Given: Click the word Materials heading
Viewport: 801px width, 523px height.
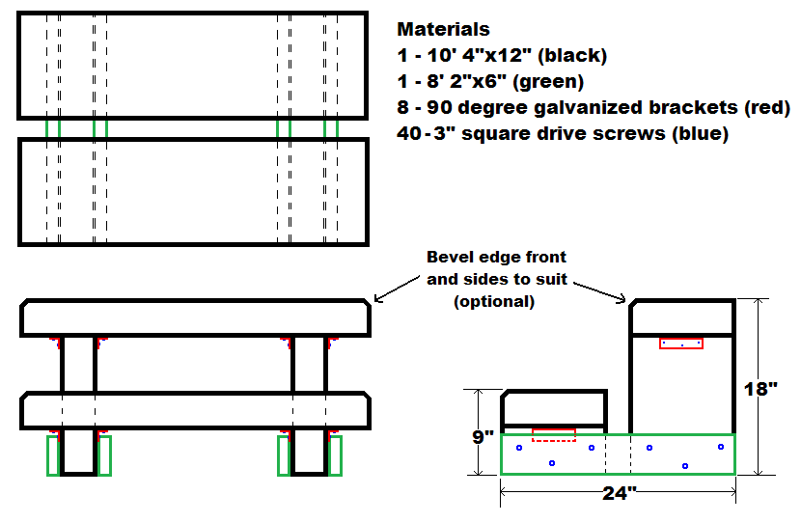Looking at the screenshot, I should (444, 30).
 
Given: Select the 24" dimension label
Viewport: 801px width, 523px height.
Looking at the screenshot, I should (619, 495).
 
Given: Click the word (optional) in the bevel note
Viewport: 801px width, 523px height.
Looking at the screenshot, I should (494, 301).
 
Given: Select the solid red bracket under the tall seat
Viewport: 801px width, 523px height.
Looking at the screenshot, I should (680, 343).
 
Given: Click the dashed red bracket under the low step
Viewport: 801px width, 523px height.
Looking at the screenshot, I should (554, 434).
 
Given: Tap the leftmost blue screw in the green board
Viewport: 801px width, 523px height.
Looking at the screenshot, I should (519, 448).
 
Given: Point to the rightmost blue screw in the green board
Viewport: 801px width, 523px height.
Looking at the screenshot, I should (720, 447).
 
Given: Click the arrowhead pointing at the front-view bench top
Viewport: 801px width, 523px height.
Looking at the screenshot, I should (377, 300).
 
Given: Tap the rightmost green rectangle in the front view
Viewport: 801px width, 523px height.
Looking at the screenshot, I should (336, 455).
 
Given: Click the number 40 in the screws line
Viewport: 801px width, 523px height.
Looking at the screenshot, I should (409, 134).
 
